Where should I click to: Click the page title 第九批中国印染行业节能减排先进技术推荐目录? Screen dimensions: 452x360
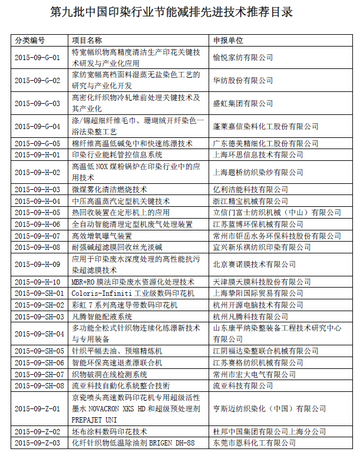(180, 11)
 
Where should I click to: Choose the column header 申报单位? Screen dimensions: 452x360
(229, 41)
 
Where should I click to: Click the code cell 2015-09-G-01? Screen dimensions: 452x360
(37, 57)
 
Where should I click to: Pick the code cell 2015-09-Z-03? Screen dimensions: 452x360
(37, 442)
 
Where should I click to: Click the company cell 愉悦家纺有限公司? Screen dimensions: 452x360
(243, 57)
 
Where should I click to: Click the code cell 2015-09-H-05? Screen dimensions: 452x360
(37, 212)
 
